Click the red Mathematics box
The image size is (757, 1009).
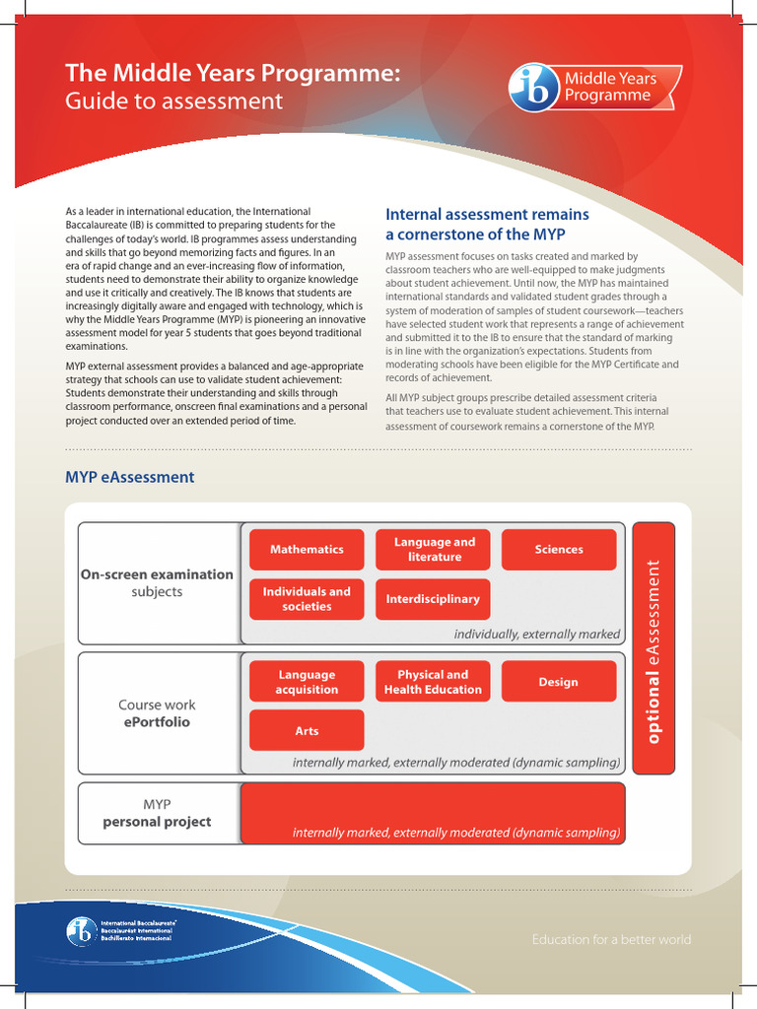click(x=307, y=550)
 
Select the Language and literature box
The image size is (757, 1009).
click(x=434, y=550)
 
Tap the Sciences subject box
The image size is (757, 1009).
click(x=559, y=550)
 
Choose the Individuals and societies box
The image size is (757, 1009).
click(x=307, y=599)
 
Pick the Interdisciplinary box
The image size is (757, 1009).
click(x=433, y=599)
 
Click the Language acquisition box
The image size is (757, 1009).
click(x=307, y=682)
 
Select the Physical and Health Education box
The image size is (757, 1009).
click(x=433, y=682)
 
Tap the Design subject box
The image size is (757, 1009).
click(x=559, y=682)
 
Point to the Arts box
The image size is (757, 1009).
click(x=307, y=731)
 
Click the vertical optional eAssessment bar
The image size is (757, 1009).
click(x=654, y=647)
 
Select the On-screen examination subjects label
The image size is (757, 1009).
click(x=157, y=583)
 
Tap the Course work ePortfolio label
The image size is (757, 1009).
click(x=157, y=713)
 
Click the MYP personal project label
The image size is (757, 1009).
click(x=157, y=813)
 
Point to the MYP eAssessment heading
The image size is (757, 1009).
click(x=130, y=477)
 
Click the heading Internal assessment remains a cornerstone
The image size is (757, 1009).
click(x=487, y=224)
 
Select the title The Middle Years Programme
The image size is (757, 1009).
click(x=233, y=72)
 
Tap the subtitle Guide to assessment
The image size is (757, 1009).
click(x=173, y=101)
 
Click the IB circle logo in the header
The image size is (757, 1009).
click(x=533, y=88)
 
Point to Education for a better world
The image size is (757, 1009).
click(x=611, y=939)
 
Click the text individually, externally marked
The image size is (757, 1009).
click(x=536, y=634)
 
